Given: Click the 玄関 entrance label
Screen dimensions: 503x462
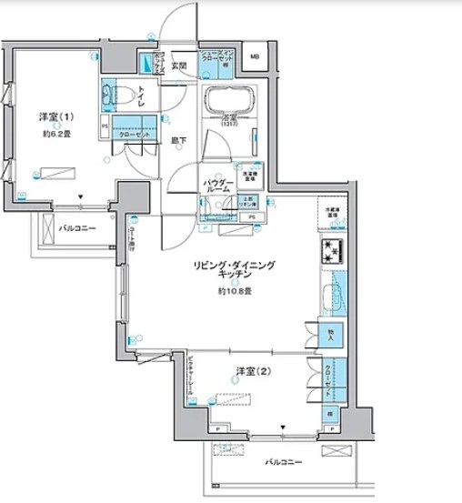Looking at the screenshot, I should click(x=178, y=65).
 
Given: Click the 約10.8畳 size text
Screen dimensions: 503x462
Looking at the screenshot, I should click(x=234, y=291).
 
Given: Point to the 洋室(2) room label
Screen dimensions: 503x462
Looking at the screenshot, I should click(x=248, y=370).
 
